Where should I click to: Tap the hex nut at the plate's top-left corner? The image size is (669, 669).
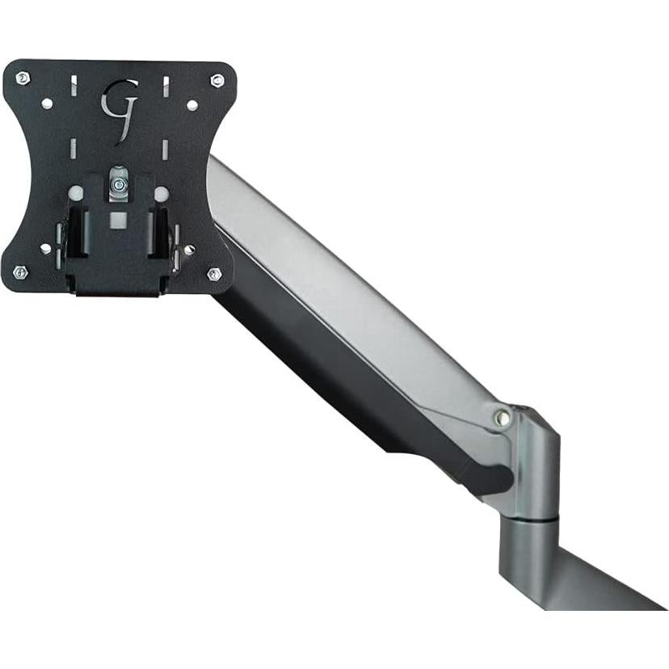[x=23, y=78]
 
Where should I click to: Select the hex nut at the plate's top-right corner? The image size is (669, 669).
[x=217, y=80]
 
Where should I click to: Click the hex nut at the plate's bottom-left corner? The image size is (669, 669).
[x=20, y=272]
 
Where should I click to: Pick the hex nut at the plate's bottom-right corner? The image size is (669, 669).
[x=214, y=274]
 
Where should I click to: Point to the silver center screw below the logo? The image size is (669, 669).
[x=119, y=185]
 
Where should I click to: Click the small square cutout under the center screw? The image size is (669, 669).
[x=119, y=218]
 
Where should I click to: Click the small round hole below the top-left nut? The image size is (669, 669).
[x=46, y=104]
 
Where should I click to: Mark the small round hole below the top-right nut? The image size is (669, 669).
[x=191, y=105]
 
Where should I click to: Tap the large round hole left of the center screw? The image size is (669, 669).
[x=75, y=194]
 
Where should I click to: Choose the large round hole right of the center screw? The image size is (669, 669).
[x=162, y=194]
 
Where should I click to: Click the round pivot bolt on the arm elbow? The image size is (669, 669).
[x=503, y=418]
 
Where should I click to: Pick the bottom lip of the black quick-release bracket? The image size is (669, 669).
[x=118, y=284]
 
